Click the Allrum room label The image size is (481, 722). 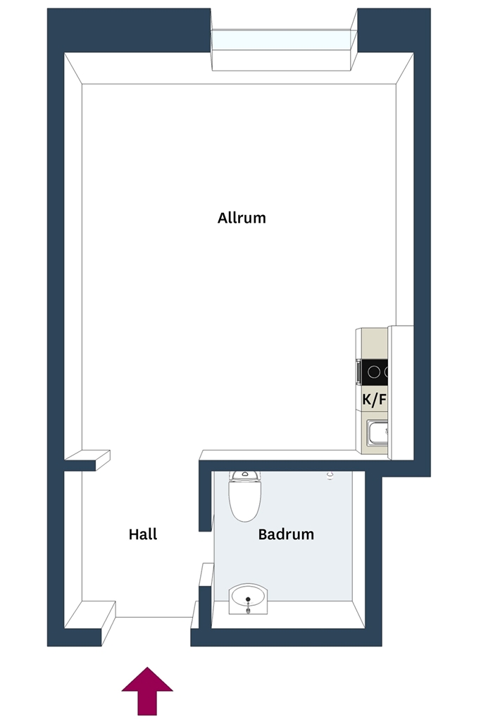[x=242, y=217]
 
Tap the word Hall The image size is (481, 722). [x=143, y=534]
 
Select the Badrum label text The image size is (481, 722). [x=286, y=534]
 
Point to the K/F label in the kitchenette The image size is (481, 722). [x=375, y=399]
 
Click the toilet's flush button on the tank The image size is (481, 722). [x=245, y=473]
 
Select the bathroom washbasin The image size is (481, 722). [x=249, y=598]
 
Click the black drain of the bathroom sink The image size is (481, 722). [x=249, y=599]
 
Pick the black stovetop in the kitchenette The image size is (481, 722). [x=375, y=372]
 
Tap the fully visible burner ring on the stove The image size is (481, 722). [x=374, y=372]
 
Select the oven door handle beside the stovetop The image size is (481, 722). [x=358, y=372]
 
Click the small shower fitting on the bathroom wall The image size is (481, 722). [x=330, y=476]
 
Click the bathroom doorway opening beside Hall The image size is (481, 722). [x=206, y=547]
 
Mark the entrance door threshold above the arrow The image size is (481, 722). [x=153, y=616]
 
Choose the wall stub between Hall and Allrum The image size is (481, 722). [x=87, y=460]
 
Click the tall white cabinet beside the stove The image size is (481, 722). [x=401, y=392]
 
